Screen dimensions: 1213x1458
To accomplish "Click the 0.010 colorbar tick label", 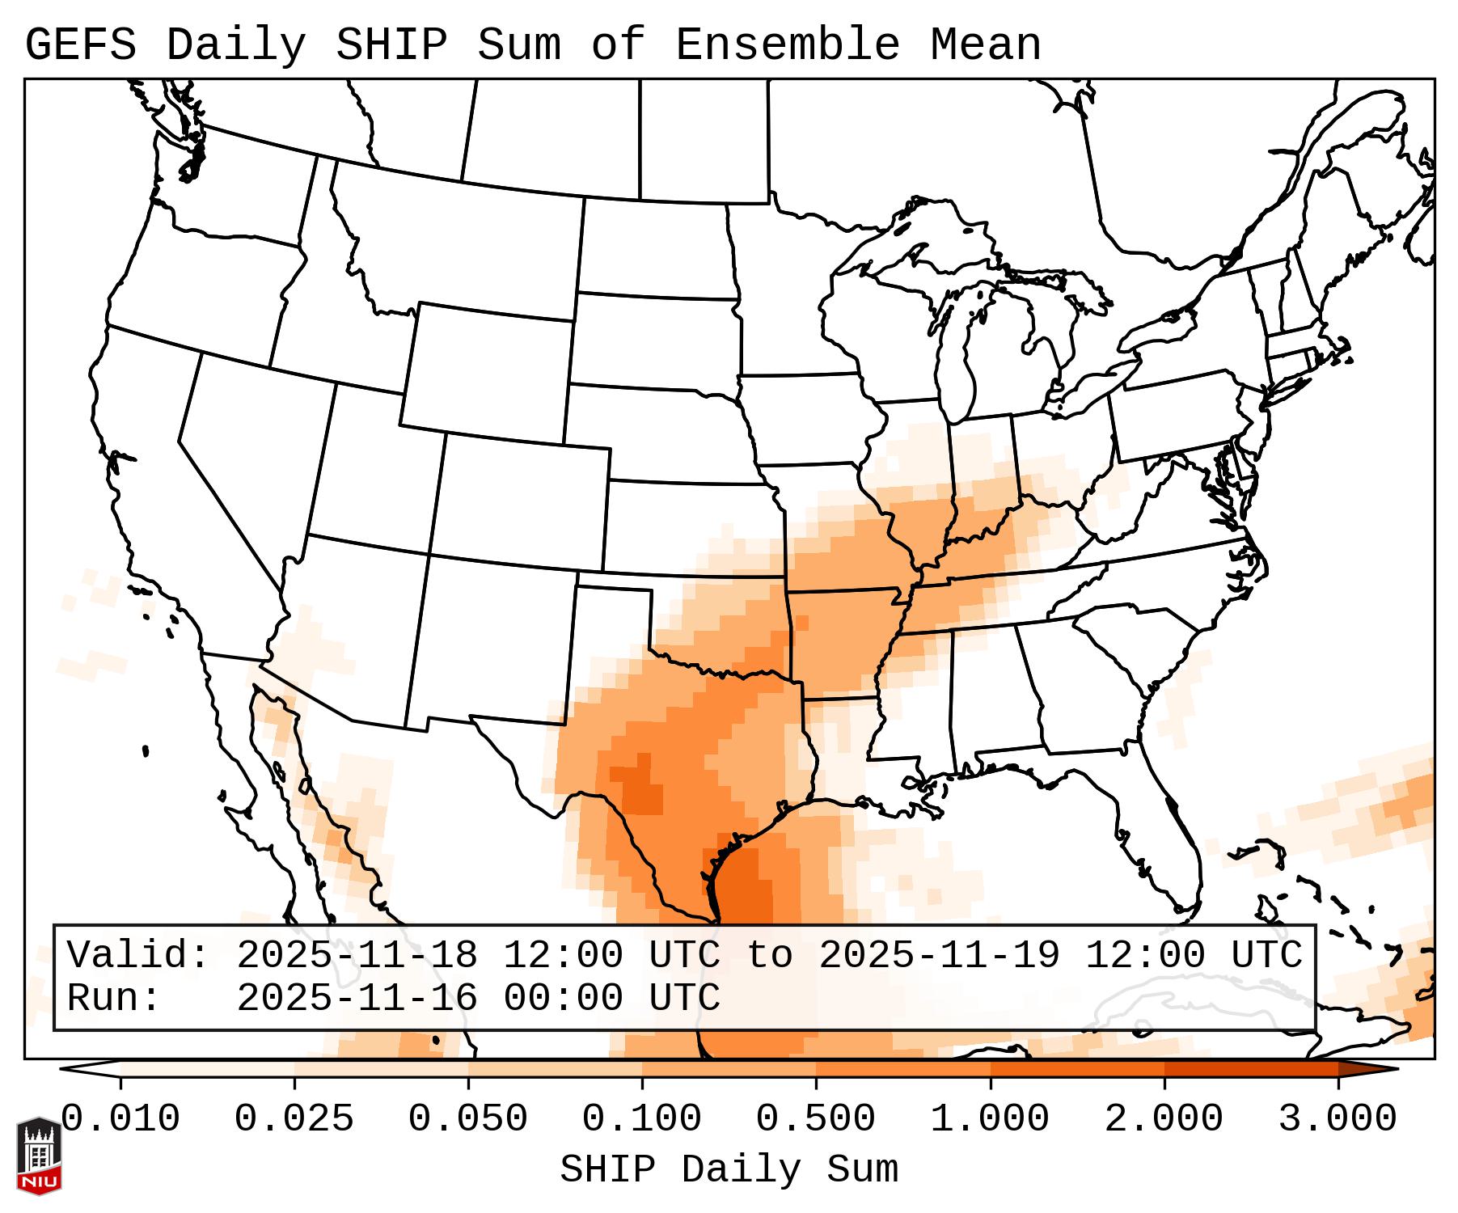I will point(120,1119).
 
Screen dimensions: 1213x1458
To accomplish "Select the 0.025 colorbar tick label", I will point(294,1119).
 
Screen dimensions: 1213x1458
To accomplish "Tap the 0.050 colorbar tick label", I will point(468,1119).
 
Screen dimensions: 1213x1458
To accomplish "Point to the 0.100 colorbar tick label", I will point(642,1119).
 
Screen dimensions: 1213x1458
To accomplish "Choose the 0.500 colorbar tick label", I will point(816,1119).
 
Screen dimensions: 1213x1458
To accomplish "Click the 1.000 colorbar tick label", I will point(990,1119).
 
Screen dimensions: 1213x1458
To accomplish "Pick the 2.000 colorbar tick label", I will point(1164,1119).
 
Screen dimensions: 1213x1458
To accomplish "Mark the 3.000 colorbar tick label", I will point(1338,1119).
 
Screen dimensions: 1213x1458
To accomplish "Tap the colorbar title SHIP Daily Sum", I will point(729,1169).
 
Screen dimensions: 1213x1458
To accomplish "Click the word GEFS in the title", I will point(81,44).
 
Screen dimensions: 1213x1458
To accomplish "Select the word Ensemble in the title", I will point(787,44).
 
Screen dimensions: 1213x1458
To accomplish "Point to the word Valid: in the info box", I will point(138,955).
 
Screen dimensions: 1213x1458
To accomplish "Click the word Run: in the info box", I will point(114,998).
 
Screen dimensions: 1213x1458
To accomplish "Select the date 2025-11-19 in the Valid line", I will point(939,955).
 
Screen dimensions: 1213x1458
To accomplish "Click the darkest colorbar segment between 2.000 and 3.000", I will point(1251,1068).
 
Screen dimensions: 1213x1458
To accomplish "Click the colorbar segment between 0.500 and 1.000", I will point(903,1068).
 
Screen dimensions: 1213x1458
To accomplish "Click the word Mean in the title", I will point(986,44).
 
